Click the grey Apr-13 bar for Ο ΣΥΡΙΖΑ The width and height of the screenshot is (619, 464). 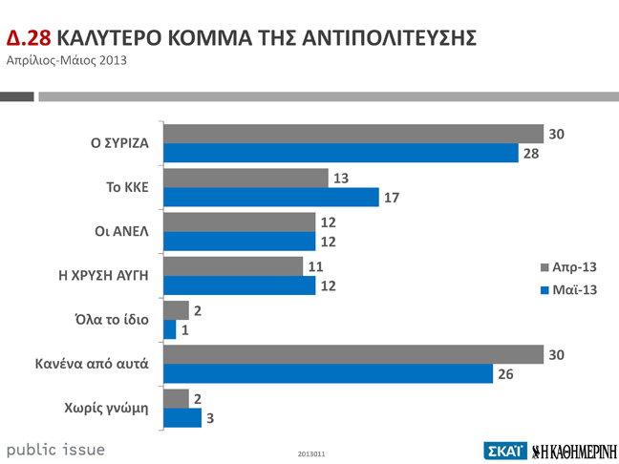353,134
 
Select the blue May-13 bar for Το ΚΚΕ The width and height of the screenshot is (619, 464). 271,198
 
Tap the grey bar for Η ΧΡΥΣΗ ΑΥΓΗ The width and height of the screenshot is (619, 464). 233,266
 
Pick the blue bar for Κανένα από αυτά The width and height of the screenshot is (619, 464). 328,374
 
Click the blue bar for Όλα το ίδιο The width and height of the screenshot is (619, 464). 170,329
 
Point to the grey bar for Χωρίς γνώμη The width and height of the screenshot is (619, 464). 177,398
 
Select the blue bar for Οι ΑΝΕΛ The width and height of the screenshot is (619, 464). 240,242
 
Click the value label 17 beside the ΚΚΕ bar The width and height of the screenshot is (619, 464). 392,198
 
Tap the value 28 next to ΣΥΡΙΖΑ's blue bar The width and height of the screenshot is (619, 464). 531,154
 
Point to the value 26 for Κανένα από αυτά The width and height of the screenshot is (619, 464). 505,374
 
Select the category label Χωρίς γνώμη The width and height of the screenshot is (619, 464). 114,408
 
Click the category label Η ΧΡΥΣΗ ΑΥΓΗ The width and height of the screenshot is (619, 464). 103,275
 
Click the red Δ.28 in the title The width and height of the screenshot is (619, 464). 28,38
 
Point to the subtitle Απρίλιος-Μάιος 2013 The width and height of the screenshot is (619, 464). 66,62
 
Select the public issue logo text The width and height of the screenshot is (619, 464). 56,449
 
